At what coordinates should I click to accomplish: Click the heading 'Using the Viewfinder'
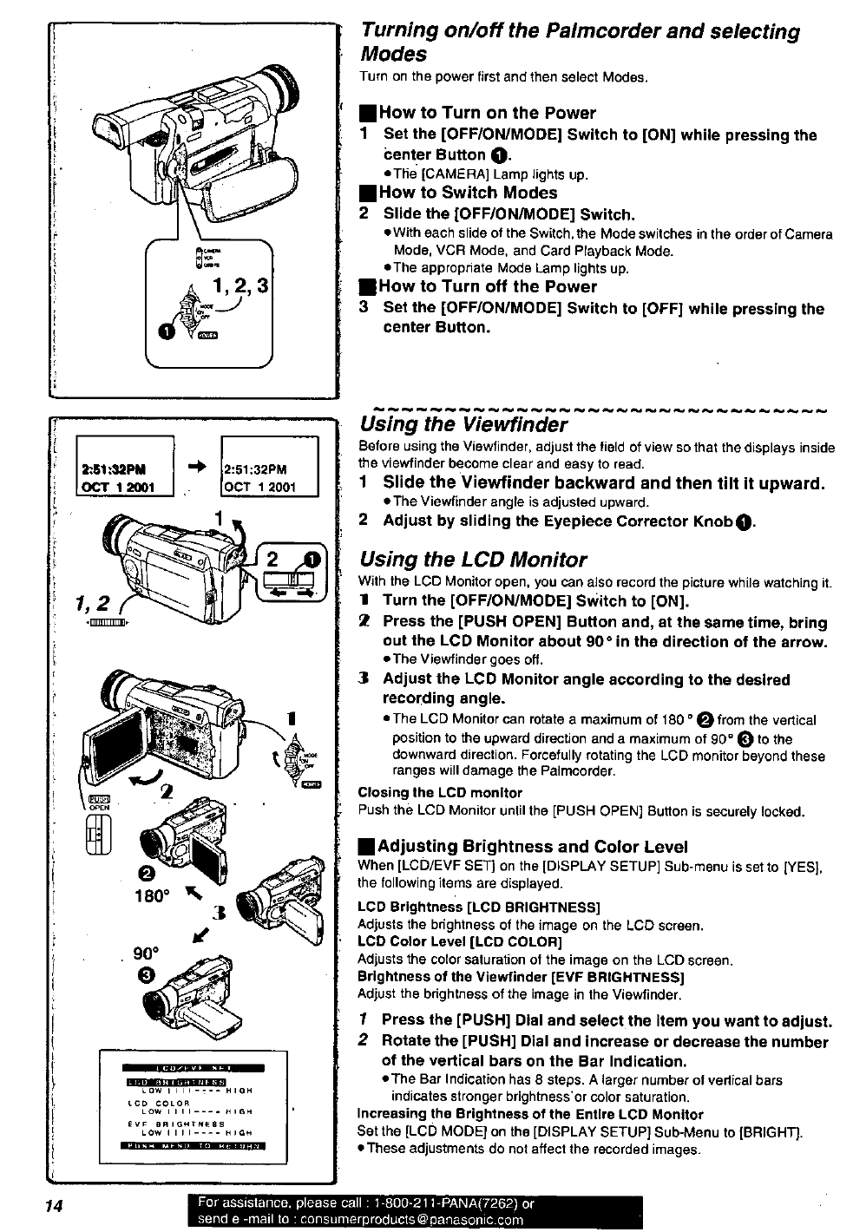pos(463,424)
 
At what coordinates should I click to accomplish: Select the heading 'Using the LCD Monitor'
pos(473,560)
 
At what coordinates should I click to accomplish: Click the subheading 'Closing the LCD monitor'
pos(440,793)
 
